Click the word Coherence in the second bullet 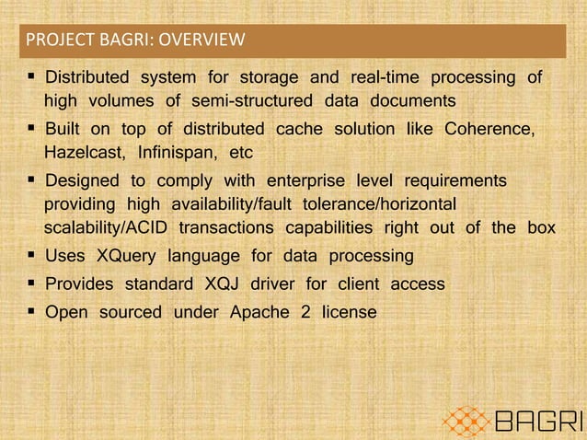coord(489,128)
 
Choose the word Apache coord(258,312)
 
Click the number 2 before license coord(305,312)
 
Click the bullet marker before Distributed coord(33,75)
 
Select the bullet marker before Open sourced coord(33,312)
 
